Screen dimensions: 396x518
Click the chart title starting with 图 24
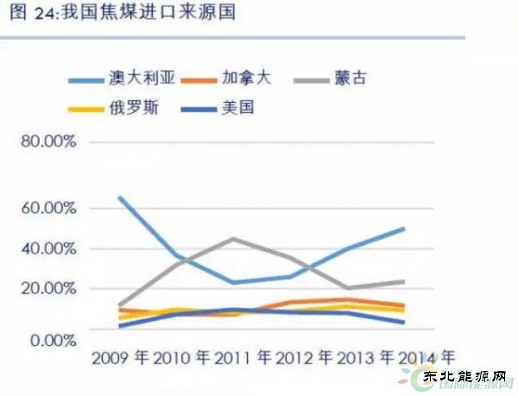(122, 15)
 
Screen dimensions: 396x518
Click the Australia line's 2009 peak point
(119, 198)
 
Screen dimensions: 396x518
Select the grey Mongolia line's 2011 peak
(233, 238)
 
